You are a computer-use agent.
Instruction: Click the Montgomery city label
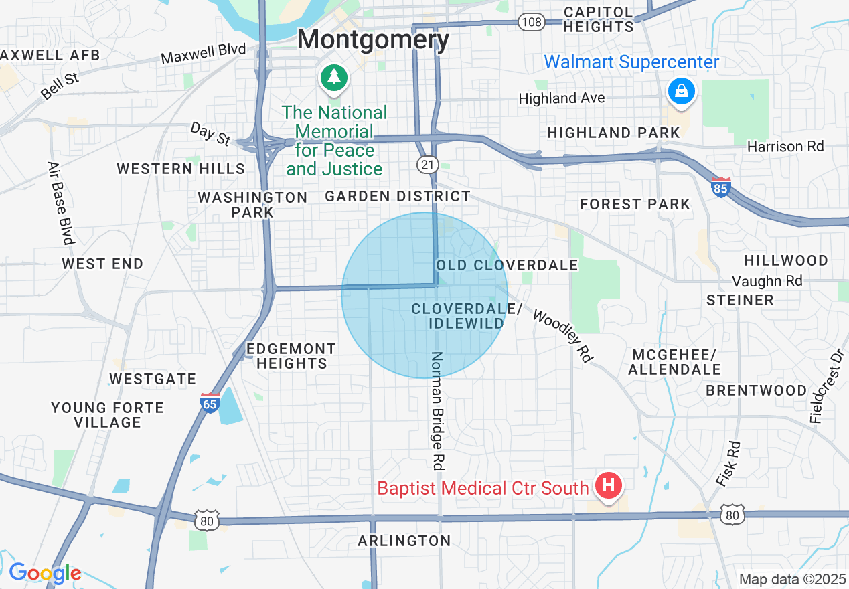(x=373, y=39)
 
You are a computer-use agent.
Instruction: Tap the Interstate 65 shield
(x=210, y=402)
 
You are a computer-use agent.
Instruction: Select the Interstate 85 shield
(x=720, y=187)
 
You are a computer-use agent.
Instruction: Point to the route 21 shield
(x=427, y=164)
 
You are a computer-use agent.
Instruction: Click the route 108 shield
(x=530, y=23)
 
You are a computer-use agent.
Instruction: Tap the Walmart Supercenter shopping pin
(x=681, y=90)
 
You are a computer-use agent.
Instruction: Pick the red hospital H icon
(x=609, y=485)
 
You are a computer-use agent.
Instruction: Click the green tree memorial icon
(x=333, y=77)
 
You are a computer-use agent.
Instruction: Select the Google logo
(x=45, y=573)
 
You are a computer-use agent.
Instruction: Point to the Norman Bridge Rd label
(x=438, y=410)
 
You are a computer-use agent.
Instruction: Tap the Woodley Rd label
(x=563, y=335)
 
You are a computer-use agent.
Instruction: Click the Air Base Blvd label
(x=60, y=203)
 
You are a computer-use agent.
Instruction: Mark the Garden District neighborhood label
(x=397, y=196)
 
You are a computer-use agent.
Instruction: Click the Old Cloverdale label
(x=507, y=265)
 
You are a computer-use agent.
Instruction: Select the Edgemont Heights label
(x=291, y=356)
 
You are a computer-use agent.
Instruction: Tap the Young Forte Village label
(x=107, y=415)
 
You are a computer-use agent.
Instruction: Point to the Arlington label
(x=404, y=541)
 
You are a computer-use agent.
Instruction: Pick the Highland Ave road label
(x=562, y=98)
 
